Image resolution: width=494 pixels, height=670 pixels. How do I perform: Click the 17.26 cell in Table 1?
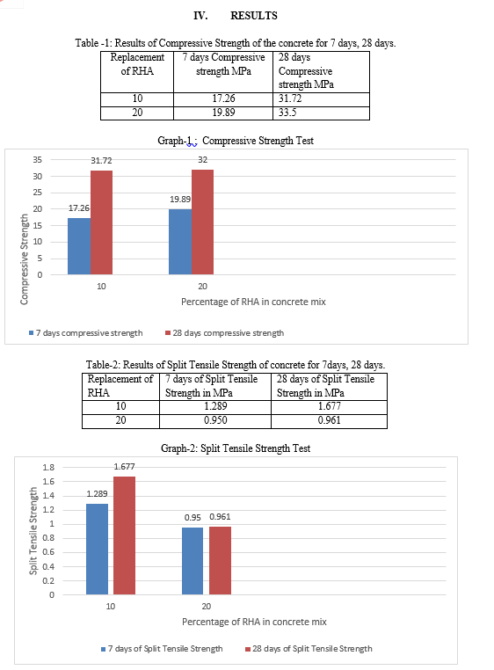(x=223, y=98)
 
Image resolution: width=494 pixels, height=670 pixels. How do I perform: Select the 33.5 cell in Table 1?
(x=321, y=113)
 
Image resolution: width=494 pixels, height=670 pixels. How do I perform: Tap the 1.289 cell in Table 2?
(x=215, y=406)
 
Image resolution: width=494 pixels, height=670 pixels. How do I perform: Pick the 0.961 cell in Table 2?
(x=329, y=421)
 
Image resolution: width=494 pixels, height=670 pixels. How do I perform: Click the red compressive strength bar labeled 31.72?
(x=102, y=222)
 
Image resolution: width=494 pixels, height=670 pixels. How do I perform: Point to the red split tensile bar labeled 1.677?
(x=124, y=535)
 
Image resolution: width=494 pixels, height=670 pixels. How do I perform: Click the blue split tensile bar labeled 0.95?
(x=193, y=561)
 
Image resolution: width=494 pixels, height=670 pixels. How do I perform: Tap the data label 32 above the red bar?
(x=202, y=160)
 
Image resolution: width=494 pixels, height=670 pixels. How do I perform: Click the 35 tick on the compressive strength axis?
(x=38, y=160)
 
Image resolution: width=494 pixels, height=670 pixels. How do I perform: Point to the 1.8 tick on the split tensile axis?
(x=48, y=467)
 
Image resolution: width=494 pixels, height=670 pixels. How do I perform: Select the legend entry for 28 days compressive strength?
(x=224, y=333)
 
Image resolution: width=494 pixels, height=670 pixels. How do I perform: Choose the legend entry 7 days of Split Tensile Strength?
(x=162, y=649)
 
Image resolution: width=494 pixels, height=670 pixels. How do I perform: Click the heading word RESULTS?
(x=254, y=16)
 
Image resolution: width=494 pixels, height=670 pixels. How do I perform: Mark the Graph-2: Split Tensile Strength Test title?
(x=236, y=448)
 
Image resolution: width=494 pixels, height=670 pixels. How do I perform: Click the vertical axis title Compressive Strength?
(x=24, y=259)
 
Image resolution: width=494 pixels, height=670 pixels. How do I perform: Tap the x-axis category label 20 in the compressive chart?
(x=202, y=287)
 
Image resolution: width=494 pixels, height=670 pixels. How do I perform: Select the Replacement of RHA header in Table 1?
(x=137, y=64)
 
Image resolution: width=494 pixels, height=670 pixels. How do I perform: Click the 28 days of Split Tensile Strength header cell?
(x=325, y=386)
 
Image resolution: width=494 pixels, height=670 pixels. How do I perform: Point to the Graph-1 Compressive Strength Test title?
(x=236, y=141)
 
